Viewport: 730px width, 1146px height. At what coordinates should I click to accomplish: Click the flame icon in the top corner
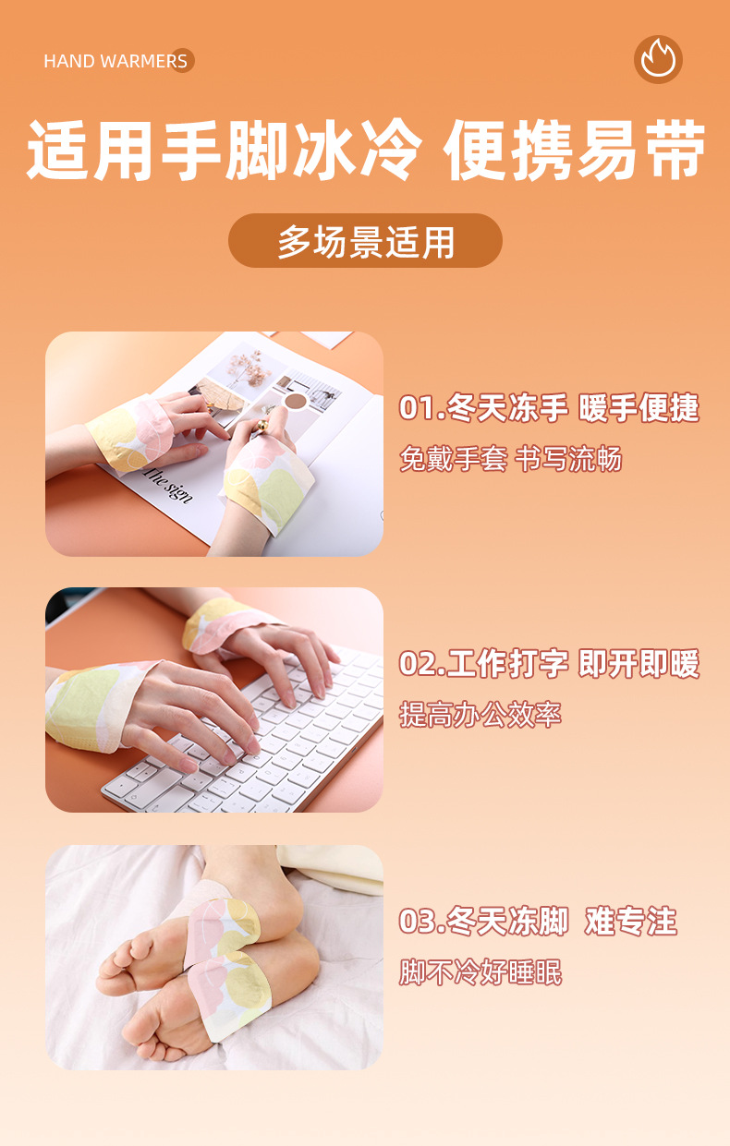[658, 59]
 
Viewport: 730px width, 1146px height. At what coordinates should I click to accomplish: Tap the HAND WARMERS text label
[116, 62]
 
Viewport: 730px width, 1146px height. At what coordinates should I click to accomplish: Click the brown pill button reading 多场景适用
[365, 241]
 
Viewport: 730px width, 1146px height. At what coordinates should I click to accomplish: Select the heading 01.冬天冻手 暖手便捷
[549, 407]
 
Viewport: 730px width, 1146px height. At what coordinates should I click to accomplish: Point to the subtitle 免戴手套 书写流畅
[510, 459]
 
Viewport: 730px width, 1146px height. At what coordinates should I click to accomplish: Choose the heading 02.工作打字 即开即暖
[549, 664]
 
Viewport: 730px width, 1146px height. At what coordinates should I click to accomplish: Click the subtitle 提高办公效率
[481, 715]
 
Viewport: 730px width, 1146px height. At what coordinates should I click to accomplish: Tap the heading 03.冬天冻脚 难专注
[538, 921]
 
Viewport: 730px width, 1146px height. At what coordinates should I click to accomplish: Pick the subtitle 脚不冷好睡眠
[481, 972]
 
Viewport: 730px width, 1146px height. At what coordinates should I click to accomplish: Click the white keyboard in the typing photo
[277, 739]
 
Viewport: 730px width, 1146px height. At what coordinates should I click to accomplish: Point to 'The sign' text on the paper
[168, 483]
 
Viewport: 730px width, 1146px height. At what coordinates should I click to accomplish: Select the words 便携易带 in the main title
[575, 151]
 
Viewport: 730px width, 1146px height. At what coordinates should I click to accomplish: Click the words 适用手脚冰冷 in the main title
[225, 151]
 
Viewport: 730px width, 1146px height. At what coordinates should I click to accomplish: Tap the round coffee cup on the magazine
[296, 401]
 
